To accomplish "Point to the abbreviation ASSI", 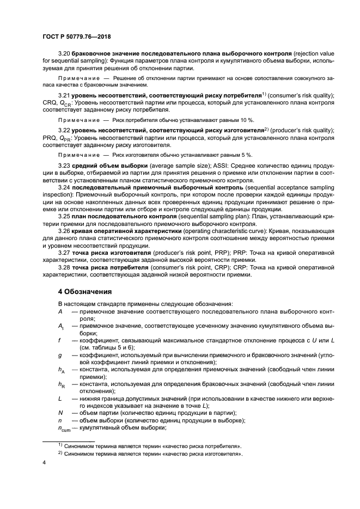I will pos(206,165).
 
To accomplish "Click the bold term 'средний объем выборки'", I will pos(110,165).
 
